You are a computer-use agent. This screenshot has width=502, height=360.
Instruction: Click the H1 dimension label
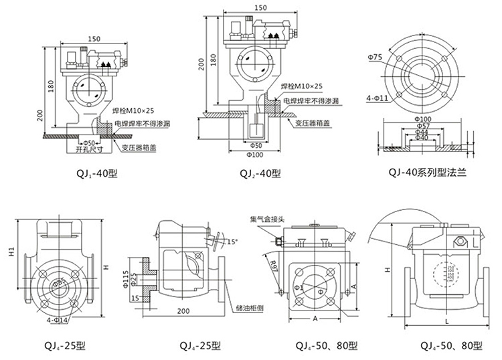(11, 252)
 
